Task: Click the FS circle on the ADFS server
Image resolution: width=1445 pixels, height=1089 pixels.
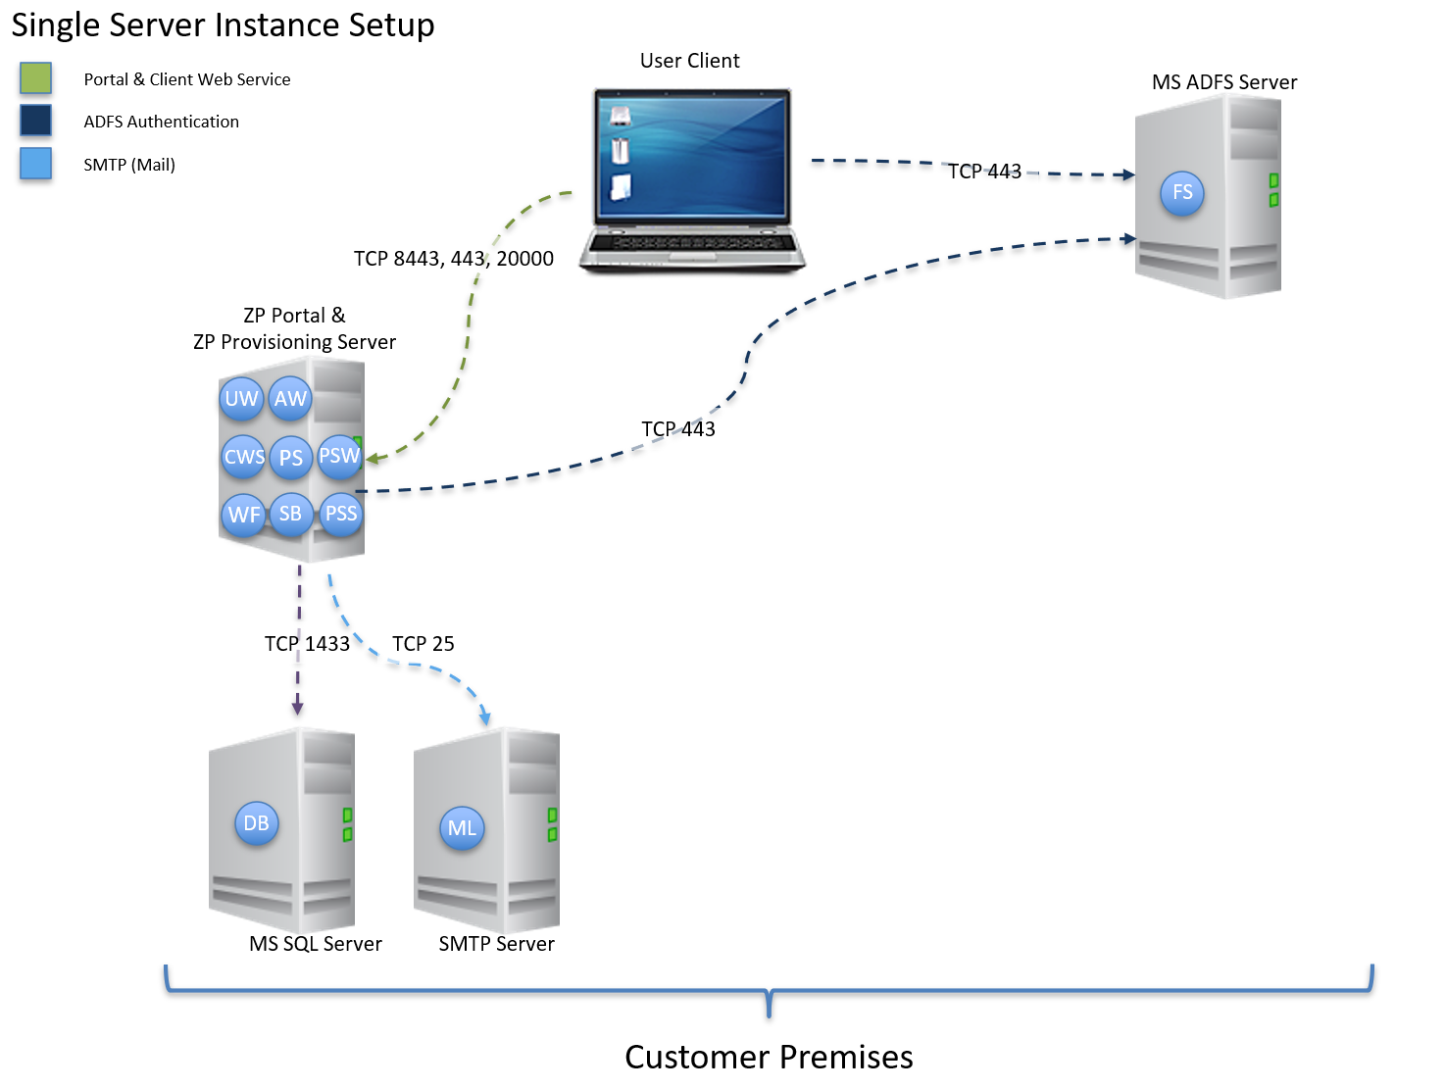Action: [1182, 193]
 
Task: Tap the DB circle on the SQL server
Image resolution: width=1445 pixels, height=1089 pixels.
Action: [256, 823]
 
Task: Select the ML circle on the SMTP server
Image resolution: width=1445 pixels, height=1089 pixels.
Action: [462, 828]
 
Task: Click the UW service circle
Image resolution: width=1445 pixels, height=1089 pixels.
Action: [241, 399]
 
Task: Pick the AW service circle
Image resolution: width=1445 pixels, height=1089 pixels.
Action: [290, 399]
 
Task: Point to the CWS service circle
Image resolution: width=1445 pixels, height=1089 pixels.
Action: [243, 457]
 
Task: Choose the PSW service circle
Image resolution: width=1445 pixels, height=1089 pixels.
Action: [339, 456]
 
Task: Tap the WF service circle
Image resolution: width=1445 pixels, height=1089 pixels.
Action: [244, 515]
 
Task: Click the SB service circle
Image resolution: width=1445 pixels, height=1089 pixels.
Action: [291, 514]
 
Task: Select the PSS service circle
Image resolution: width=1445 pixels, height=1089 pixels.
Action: [341, 514]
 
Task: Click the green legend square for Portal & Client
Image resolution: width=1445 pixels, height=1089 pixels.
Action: [36, 78]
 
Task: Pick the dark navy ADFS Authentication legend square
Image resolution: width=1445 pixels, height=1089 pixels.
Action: [36, 121]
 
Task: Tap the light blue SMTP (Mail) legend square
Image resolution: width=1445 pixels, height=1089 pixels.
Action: [36, 164]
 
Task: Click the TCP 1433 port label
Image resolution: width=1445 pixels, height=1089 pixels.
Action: [307, 644]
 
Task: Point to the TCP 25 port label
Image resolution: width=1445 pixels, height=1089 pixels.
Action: [424, 644]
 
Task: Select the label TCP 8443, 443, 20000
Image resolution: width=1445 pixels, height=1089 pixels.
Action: [454, 259]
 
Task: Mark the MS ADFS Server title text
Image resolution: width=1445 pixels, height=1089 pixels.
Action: [1224, 82]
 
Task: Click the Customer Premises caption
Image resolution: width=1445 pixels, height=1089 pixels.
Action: [769, 1057]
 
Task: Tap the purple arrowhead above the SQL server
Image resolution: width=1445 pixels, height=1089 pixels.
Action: [298, 708]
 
